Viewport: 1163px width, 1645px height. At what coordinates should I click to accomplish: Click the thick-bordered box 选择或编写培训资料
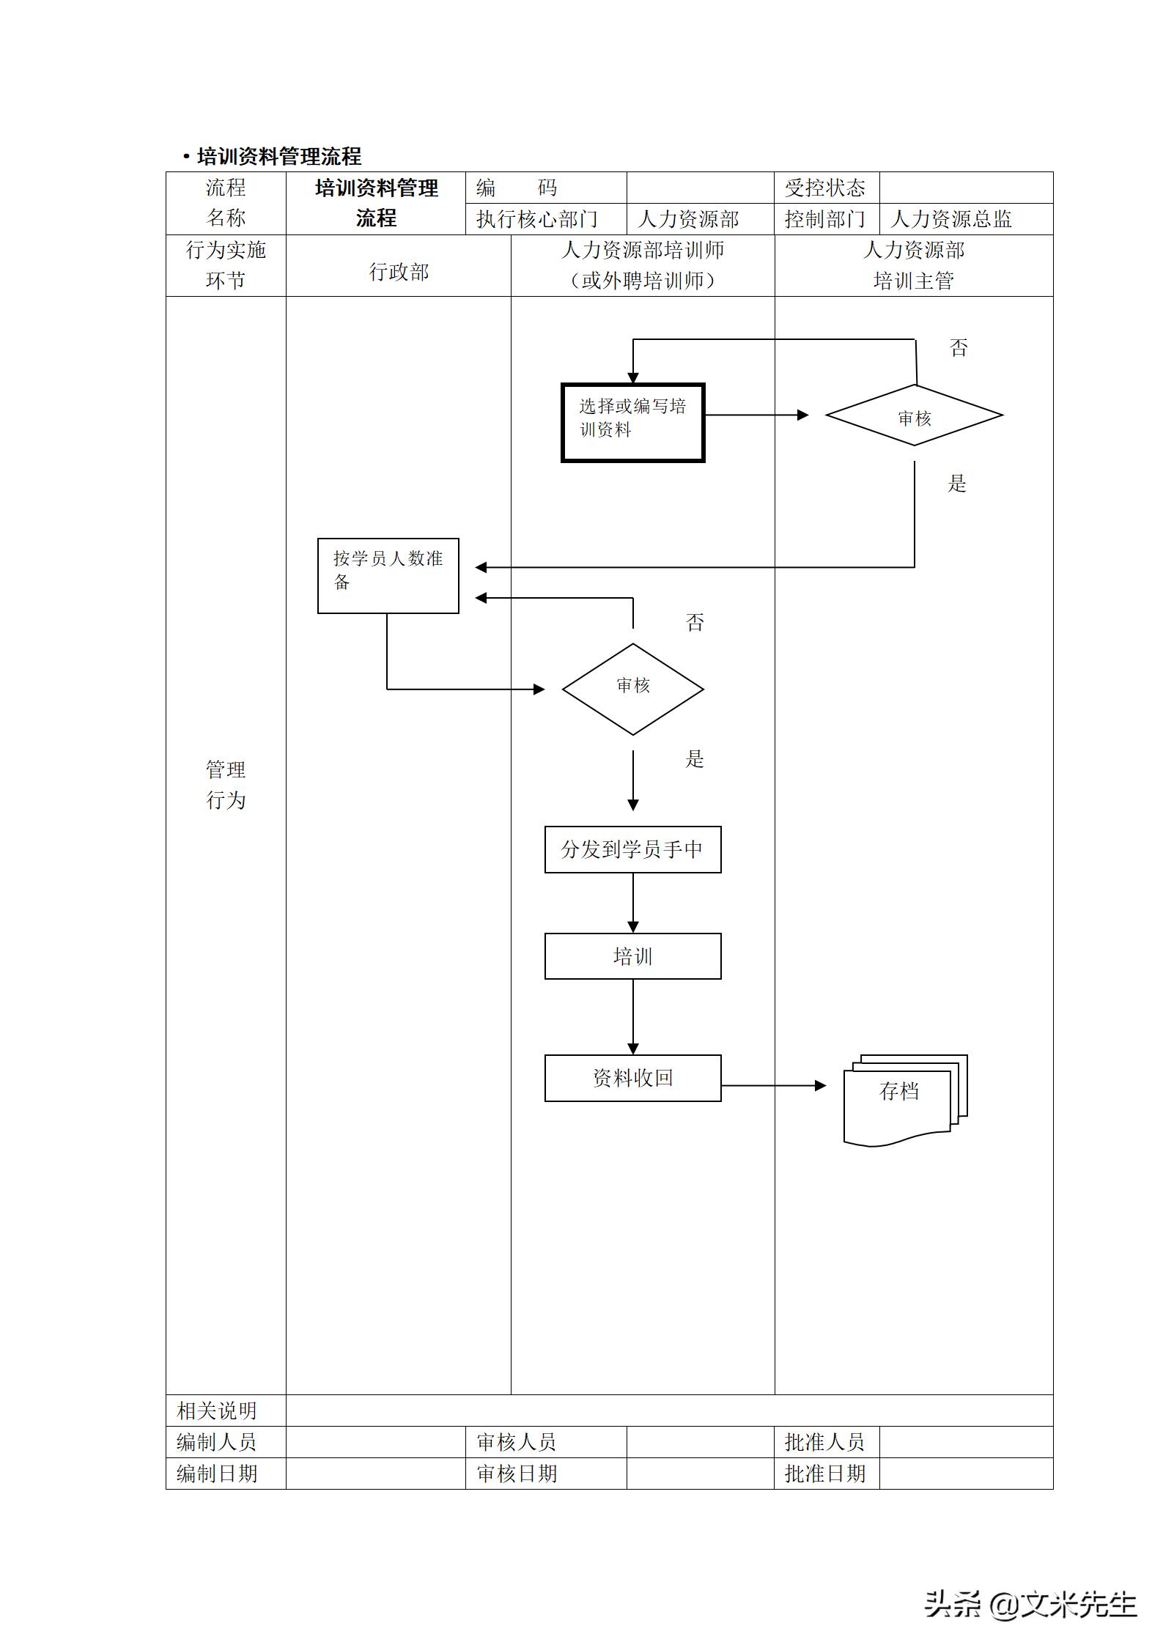pyautogui.click(x=632, y=423)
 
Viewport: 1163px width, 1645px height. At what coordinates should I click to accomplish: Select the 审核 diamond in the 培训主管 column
pyautogui.click(x=914, y=415)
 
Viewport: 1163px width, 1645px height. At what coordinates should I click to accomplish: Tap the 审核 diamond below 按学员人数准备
pyautogui.click(x=632, y=689)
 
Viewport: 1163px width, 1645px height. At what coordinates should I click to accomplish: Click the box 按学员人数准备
pyautogui.click(x=388, y=576)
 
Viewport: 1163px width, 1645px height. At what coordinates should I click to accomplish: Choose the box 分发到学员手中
pyautogui.click(x=632, y=849)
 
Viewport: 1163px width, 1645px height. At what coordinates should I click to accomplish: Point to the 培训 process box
pyautogui.click(x=632, y=956)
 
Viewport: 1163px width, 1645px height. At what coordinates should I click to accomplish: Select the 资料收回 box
pyautogui.click(x=632, y=1078)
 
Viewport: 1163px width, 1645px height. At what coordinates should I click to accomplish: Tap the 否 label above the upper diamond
pyautogui.click(x=959, y=347)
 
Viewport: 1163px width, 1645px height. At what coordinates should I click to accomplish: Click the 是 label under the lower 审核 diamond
pyautogui.click(x=694, y=759)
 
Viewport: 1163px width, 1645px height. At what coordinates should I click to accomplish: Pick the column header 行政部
pyautogui.click(x=398, y=272)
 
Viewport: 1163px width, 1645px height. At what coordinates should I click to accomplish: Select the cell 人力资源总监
pyautogui.click(x=951, y=219)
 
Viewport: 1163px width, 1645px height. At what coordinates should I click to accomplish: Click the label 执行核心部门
pyautogui.click(x=537, y=219)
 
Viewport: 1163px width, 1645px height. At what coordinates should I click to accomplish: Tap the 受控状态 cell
pyautogui.click(x=825, y=188)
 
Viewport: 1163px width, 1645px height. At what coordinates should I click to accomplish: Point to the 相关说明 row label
pyautogui.click(x=217, y=1411)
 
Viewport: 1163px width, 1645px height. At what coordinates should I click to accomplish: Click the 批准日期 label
pyautogui.click(x=825, y=1474)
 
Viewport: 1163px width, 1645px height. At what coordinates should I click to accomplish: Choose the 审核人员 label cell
pyautogui.click(x=517, y=1442)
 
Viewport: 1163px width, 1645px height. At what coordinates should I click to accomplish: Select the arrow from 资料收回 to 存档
pyautogui.click(x=773, y=1086)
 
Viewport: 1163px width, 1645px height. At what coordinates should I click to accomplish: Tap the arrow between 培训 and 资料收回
pyautogui.click(x=633, y=1016)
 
